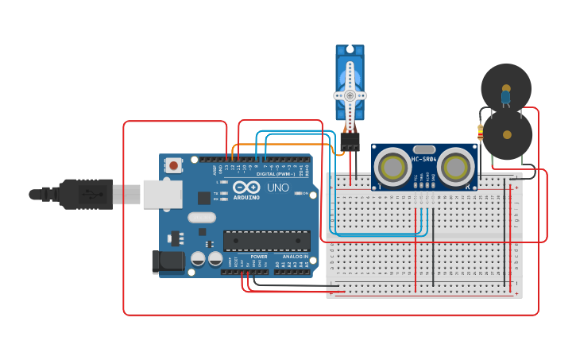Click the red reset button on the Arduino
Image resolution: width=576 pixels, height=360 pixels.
point(173,165)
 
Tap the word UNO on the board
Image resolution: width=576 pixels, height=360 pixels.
point(278,188)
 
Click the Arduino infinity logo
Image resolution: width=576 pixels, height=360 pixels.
point(246,188)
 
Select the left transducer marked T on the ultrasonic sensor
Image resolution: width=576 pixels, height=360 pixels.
point(392,168)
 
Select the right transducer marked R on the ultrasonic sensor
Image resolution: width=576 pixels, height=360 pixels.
point(455,168)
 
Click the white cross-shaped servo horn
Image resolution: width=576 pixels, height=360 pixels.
point(350,95)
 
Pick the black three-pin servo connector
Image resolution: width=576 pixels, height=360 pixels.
point(350,142)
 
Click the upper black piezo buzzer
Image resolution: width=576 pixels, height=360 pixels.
point(506,86)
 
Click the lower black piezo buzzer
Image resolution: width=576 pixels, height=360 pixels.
point(508,135)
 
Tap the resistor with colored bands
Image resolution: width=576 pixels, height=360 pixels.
point(480,133)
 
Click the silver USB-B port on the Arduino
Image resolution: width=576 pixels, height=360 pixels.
point(162,194)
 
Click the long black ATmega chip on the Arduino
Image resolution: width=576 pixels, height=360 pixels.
point(267,240)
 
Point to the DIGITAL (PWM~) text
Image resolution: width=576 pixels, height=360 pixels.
point(275,173)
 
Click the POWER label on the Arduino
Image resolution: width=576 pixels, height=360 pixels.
point(259,257)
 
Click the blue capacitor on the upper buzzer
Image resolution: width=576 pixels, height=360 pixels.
point(505,97)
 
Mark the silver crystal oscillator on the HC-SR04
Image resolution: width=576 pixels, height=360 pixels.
point(424,149)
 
